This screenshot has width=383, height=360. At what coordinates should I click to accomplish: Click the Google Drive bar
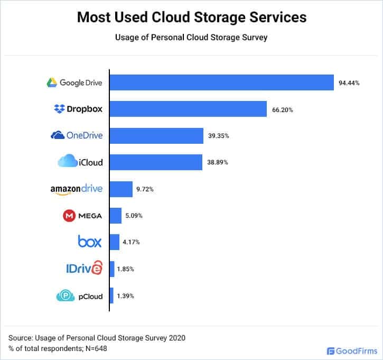(221, 82)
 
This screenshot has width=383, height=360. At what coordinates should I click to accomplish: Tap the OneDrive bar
(156, 136)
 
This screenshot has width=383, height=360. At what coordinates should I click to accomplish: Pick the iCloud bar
(156, 162)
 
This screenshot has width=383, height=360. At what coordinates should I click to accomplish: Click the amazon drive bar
(121, 189)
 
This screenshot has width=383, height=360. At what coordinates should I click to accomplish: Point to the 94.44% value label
(349, 83)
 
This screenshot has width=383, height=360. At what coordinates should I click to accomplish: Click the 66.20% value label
(283, 110)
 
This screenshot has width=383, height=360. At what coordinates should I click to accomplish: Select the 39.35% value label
(219, 136)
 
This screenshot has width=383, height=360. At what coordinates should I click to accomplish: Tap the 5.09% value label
(133, 216)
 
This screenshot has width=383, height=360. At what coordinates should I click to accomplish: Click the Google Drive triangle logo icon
(52, 82)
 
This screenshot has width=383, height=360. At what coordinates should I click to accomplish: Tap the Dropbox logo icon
(59, 109)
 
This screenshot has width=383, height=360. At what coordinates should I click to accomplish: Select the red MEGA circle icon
(69, 216)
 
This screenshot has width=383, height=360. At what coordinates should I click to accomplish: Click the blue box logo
(90, 242)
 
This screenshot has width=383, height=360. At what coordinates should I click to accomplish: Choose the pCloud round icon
(62, 296)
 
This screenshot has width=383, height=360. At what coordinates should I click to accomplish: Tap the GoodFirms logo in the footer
(350, 350)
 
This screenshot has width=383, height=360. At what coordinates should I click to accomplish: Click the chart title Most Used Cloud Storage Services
(191, 17)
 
